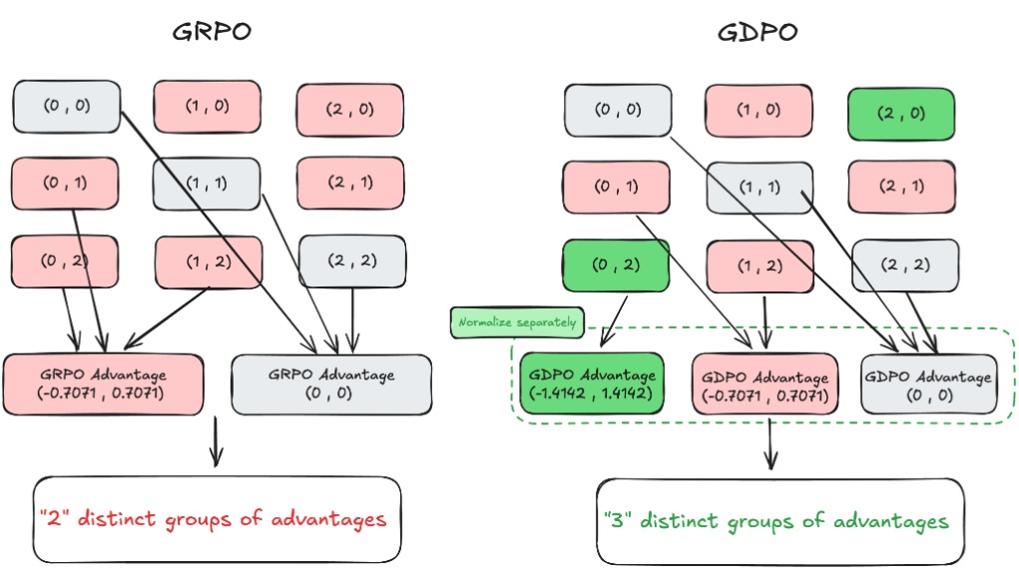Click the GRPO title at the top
[x=212, y=32]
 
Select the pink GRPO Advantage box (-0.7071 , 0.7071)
[x=103, y=383]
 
